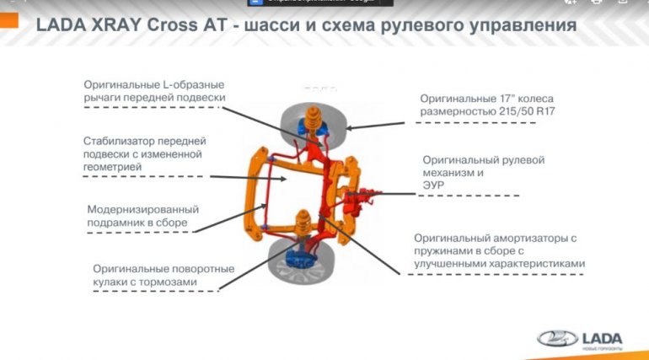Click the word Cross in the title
click(x=177, y=26)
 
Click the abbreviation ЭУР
click(x=433, y=185)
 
